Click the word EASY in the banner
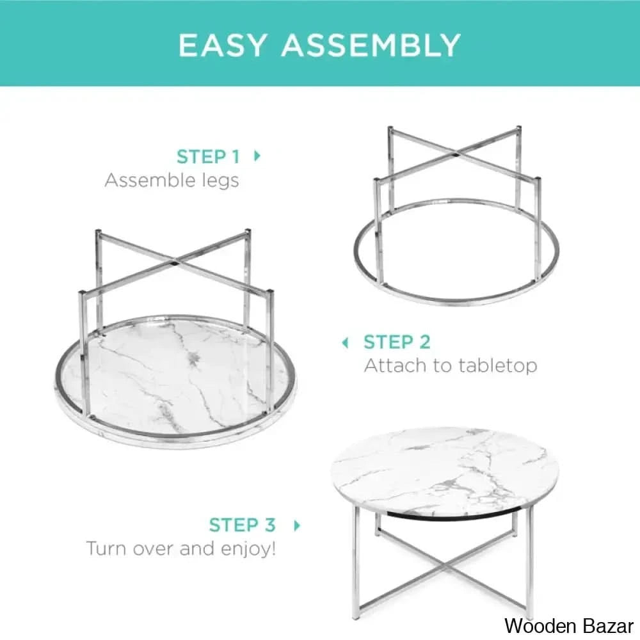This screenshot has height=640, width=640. click(x=223, y=45)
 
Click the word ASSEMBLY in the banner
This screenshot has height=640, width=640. click(x=371, y=45)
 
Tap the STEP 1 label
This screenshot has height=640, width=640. click(x=208, y=157)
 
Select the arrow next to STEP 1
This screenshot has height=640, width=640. click(x=257, y=156)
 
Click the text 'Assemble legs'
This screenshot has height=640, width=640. click(x=172, y=180)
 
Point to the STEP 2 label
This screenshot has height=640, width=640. click(x=397, y=342)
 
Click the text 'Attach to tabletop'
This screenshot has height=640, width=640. click(x=451, y=365)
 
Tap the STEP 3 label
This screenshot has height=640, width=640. click(x=243, y=525)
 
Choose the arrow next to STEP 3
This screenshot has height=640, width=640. click(x=297, y=525)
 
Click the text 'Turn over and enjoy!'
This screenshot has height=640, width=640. click(x=181, y=548)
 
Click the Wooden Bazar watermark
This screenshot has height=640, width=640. click(x=569, y=626)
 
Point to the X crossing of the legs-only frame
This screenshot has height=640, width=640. click(x=456, y=155)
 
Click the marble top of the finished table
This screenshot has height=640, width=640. click(x=445, y=468)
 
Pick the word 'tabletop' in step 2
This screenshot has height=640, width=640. click(x=497, y=365)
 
